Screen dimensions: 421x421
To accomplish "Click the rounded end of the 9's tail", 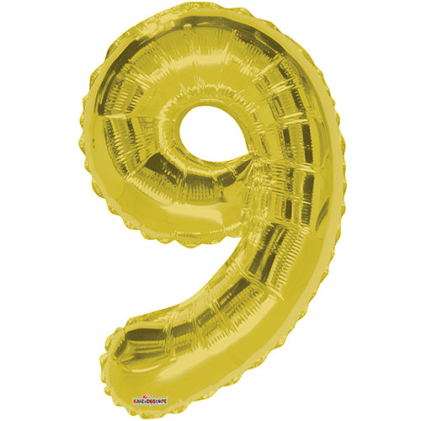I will (122, 354).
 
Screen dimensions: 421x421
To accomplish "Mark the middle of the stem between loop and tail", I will (269, 278).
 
